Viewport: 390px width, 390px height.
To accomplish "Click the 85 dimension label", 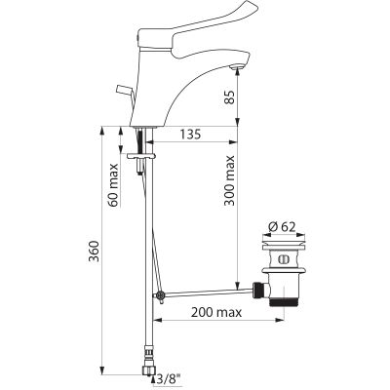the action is (230, 97).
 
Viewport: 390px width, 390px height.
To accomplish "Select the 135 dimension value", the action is (190, 135).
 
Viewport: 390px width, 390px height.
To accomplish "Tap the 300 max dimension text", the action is (230, 180).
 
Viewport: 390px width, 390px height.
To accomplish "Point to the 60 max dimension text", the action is (113, 185).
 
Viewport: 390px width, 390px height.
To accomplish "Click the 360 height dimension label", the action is (94, 252).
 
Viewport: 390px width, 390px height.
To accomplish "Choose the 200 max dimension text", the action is (216, 313).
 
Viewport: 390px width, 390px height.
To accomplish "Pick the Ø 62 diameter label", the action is (283, 227).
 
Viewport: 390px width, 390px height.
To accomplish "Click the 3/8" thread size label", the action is (168, 379).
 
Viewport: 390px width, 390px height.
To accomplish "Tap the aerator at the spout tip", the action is (235, 67).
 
